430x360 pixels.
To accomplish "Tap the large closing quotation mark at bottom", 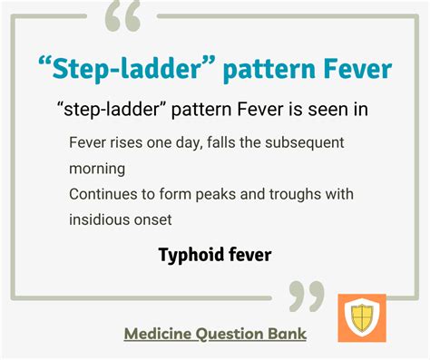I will (x=306, y=296).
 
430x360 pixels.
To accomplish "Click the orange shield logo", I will (x=361, y=317).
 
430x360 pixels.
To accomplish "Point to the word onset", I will (x=151, y=219).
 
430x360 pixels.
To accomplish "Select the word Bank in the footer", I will (x=288, y=333).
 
